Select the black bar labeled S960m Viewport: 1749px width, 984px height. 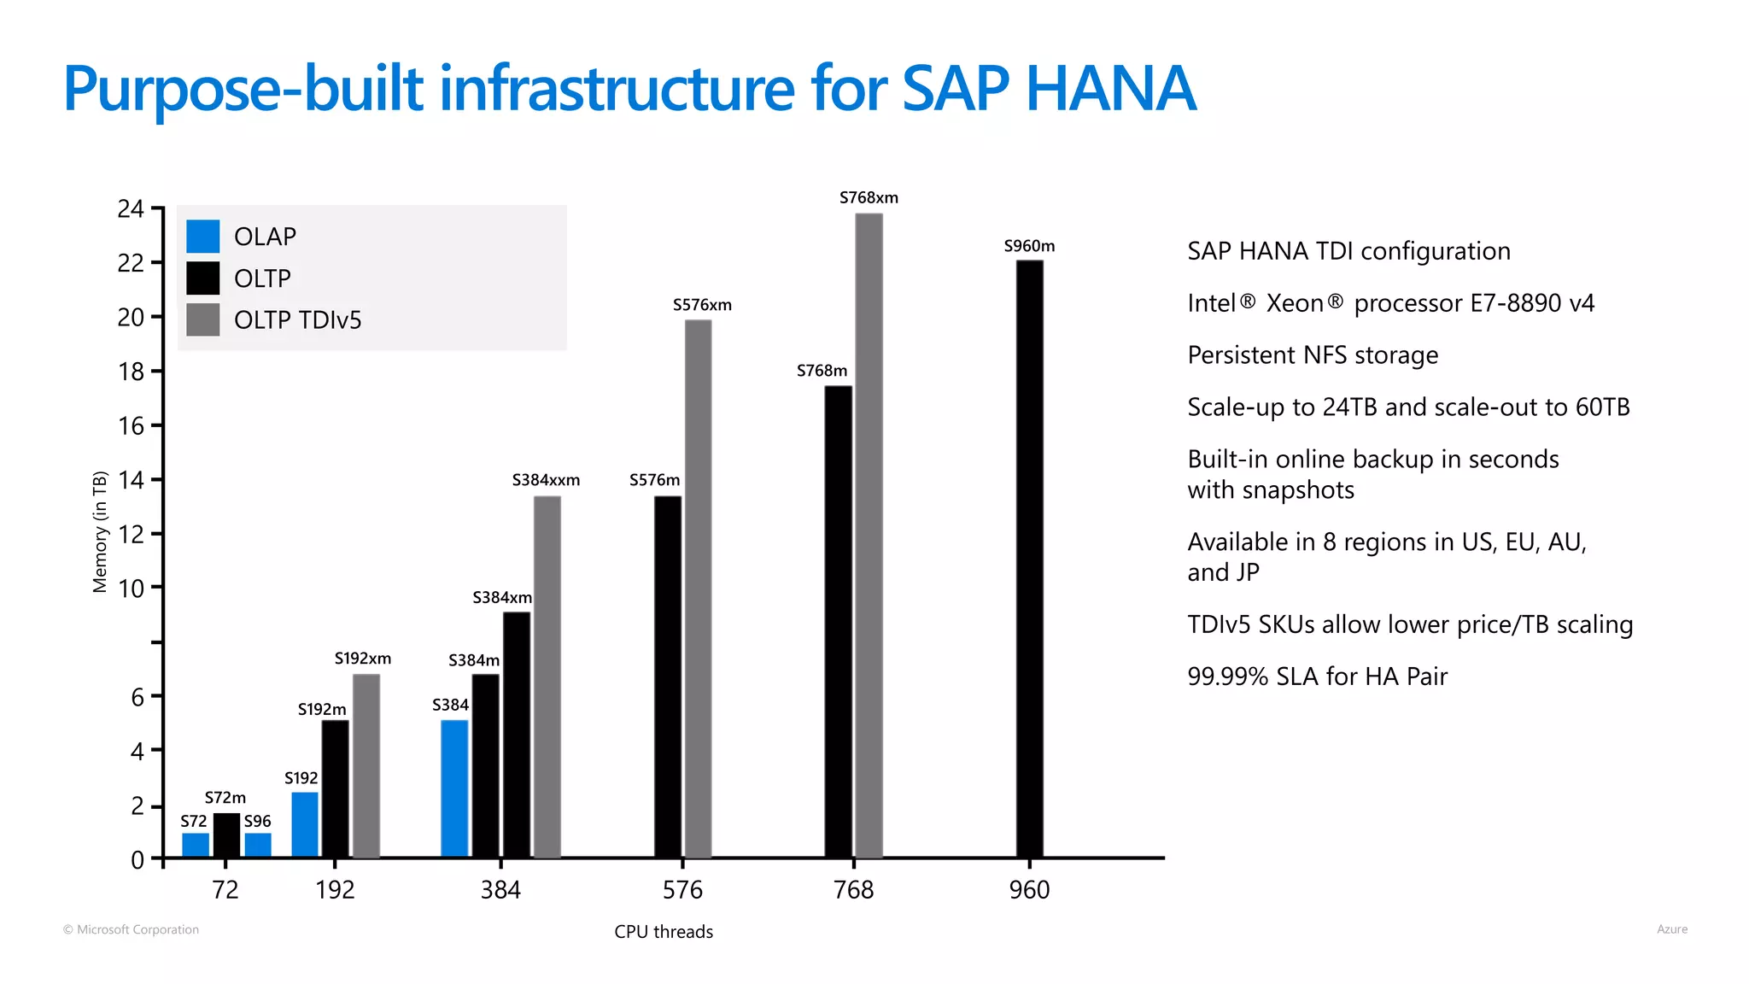pos(1029,559)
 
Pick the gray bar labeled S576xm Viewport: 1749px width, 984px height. pos(698,589)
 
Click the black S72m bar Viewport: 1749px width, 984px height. pos(226,835)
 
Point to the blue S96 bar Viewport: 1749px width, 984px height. pos(258,845)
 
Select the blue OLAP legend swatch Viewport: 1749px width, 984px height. pos(203,237)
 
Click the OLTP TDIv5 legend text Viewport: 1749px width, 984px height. pos(297,320)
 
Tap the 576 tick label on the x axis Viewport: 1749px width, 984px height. pos(682,890)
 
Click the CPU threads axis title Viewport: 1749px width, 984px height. pos(664,932)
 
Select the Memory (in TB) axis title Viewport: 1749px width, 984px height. pos(100,531)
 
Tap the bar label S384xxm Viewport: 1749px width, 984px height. pos(546,480)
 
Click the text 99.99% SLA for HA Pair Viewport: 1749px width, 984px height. pos(1317,676)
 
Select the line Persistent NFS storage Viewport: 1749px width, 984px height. pos(1313,355)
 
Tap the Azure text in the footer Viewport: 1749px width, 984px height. pos(1671,929)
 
